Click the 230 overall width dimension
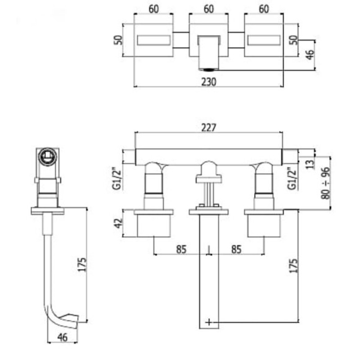point(209,82)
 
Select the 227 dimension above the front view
point(209,128)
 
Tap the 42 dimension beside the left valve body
point(119,223)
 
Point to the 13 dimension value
point(310,164)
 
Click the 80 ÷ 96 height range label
point(325,183)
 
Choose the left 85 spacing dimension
point(181,249)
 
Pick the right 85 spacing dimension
point(236,249)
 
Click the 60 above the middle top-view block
point(209,9)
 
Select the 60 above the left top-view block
point(153,9)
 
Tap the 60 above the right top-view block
point(264,9)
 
